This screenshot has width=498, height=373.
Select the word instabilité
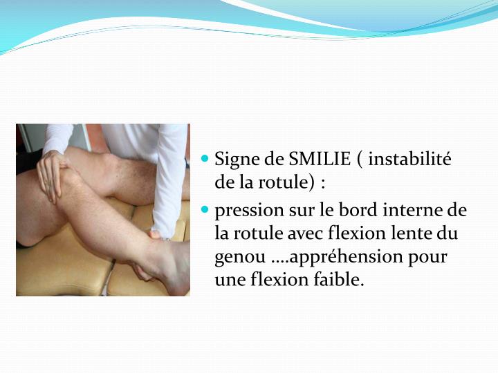[x=409, y=160]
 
